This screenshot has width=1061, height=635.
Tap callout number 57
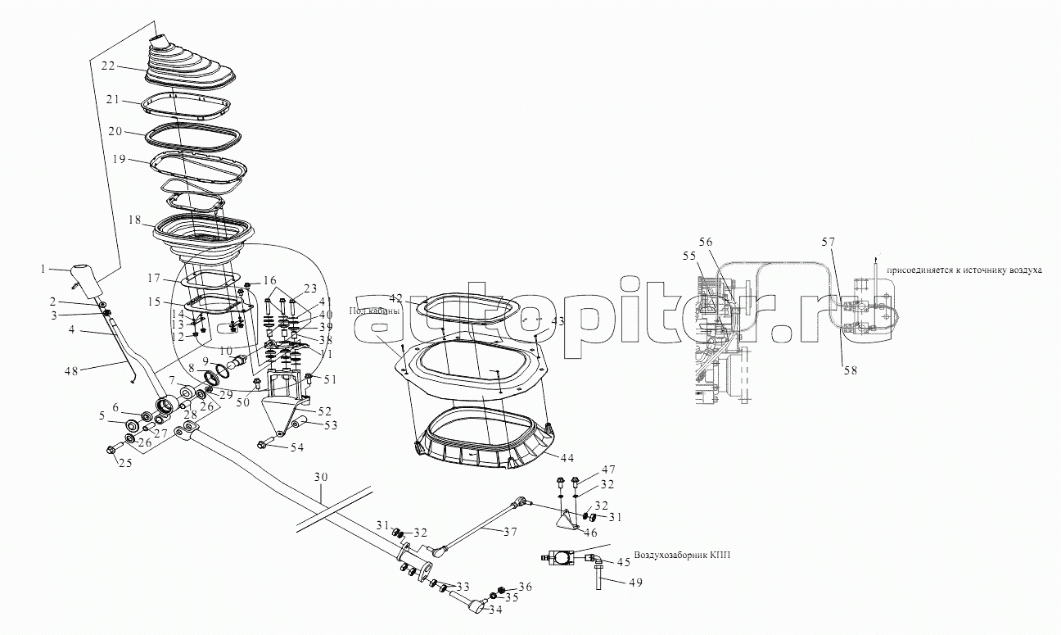[x=828, y=242]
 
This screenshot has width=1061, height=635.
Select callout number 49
[x=635, y=583]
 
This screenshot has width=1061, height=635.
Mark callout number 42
[x=395, y=297]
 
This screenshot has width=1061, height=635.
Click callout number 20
[x=115, y=131]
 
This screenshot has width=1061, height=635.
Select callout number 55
[x=689, y=256]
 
